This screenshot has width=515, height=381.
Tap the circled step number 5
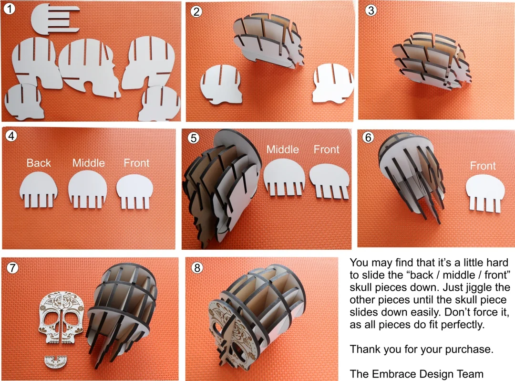coord(194,138)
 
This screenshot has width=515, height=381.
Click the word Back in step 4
coord(39,163)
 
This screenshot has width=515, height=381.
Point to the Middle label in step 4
coord(89,163)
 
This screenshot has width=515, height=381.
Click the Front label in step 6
coord(483,166)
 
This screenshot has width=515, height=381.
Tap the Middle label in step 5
coord(282,149)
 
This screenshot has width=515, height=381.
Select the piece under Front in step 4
coord(136,190)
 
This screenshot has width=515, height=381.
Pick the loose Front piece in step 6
coord(484,193)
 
